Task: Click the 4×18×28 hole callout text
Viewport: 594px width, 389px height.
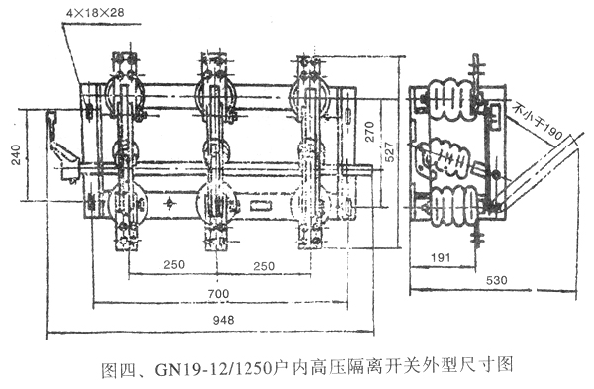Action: [95, 13]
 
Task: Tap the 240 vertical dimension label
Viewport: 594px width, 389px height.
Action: [16, 154]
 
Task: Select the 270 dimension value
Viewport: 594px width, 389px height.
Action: [369, 132]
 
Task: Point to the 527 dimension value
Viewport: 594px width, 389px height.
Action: [389, 151]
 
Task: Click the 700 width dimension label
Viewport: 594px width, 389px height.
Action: [219, 294]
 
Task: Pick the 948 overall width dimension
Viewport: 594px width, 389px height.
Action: [223, 320]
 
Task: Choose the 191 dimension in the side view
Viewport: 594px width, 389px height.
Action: [441, 258]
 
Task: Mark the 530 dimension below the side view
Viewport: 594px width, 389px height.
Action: [496, 280]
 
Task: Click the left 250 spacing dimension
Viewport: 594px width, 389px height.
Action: [174, 264]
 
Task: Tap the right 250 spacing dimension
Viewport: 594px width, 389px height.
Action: [264, 266]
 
